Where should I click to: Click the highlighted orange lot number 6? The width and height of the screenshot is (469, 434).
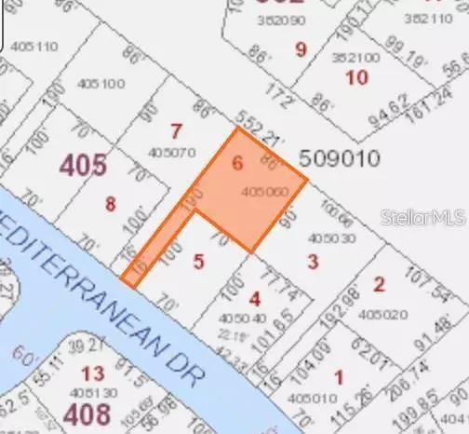point(237,164)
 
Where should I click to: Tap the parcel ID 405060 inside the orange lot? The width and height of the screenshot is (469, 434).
point(264,193)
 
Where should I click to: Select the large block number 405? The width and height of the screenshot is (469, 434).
point(84,165)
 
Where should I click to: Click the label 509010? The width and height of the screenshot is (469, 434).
point(340,158)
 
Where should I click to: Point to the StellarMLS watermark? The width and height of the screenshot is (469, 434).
point(422,216)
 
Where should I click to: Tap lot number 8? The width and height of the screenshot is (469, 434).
point(110,204)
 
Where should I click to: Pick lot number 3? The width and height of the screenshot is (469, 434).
point(313,262)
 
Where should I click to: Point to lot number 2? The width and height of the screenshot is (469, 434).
point(379,284)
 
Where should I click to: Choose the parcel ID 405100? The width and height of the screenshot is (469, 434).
point(101,84)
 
